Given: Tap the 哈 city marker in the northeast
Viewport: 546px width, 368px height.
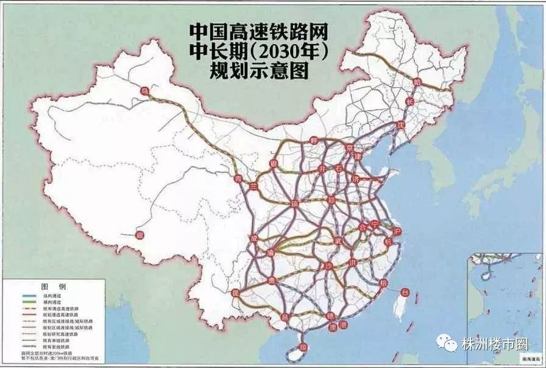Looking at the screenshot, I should tap(417, 81).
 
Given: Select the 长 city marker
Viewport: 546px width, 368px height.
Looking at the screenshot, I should tap(409, 101).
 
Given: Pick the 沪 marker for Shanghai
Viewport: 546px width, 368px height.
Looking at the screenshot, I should tap(398, 232).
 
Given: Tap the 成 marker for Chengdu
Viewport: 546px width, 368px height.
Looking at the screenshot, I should tap(254, 238).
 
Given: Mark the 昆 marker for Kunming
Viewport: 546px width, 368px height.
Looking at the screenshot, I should tap(235, 293).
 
